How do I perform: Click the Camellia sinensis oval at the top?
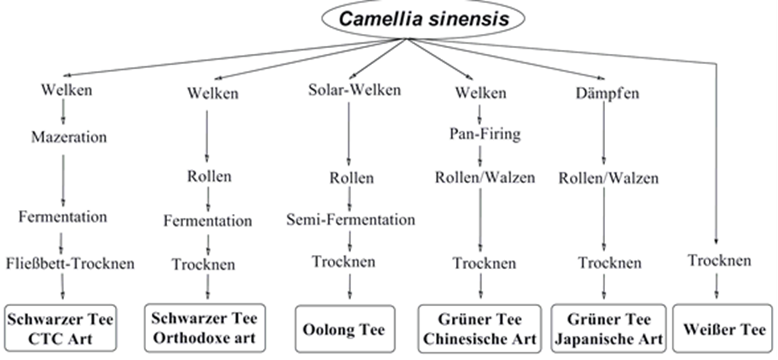click(424, 19)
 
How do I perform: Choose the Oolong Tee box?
click(344, 329)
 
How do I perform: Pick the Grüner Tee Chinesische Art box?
click(480, 329)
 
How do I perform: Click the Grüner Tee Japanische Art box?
click(609, 329)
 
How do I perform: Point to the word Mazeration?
click(69, 136)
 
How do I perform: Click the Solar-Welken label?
click(354, 90)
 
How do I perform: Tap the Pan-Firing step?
click(485, 134)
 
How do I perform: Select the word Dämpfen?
click(607, 93)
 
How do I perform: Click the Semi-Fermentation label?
click(351, 219)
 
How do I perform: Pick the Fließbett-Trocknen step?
click(70, 263)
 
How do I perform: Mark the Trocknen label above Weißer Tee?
click(720, 260)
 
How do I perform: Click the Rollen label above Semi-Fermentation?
click(352, 178)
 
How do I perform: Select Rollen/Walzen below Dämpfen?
click(609, 178)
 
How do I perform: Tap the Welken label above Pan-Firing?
click(481, 92)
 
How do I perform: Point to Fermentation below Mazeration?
click(63, 217)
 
